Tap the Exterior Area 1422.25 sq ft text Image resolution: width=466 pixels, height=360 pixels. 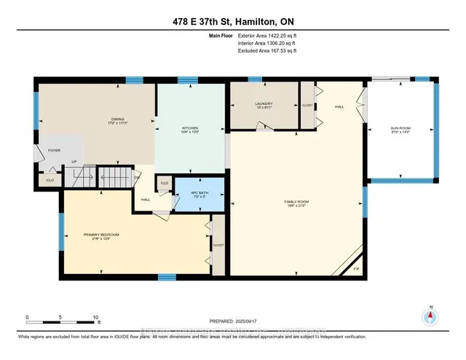click(x=267, y=35)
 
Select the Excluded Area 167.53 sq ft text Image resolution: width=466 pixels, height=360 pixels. click(x=267, y=51)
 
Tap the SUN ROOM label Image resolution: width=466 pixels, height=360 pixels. click(x=401, y=129)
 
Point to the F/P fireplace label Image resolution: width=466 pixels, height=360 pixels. click(x=356, y=269)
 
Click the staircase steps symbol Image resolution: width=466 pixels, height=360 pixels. click(x=112, y=176)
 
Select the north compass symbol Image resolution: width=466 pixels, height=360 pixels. click(x=430, y=316)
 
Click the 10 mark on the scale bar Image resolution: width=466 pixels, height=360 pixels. click(x=96, y=318)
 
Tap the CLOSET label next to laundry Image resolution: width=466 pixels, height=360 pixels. click(x=307, y=105)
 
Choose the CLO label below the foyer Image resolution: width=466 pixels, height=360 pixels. click(x=50, y=179)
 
